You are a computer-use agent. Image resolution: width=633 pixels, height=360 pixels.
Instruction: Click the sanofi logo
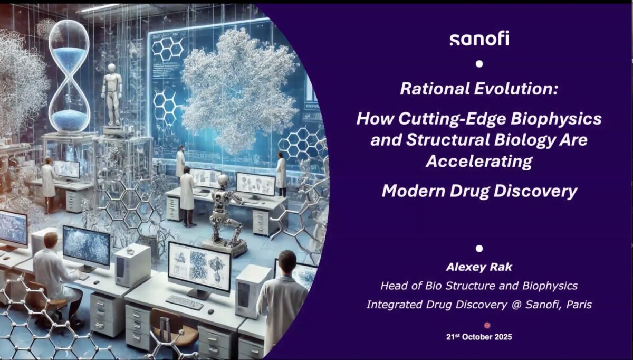tap(479, 39)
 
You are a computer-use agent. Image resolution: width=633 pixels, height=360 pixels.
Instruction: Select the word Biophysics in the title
tap(556, 119)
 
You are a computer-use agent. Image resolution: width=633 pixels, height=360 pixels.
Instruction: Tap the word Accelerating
tap(479, 162)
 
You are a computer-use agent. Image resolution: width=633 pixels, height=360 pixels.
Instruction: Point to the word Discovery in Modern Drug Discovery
tap(535, 191)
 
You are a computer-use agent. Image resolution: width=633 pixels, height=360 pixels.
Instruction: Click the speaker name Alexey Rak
tap(479, 267)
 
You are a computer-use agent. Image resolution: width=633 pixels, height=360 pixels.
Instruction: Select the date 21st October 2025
tap(479, 337)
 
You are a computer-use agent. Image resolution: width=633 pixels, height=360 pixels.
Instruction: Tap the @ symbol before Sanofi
tap(516, 305)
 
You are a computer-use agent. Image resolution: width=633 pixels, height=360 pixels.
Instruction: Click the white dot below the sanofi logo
tap(479, 64)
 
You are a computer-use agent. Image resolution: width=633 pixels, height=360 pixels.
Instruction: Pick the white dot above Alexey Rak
tap(479, 249)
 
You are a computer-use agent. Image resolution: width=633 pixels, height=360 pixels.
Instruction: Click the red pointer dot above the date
tap(487, 326)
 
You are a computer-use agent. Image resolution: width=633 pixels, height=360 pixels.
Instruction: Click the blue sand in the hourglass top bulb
tap(69, 57)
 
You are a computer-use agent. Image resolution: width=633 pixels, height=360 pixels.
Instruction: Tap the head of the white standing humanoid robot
tap(112, 68)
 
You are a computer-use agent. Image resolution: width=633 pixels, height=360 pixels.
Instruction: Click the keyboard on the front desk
tap(185, 302)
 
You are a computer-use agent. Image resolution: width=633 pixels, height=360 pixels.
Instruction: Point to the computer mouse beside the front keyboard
tap(211, 311)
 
